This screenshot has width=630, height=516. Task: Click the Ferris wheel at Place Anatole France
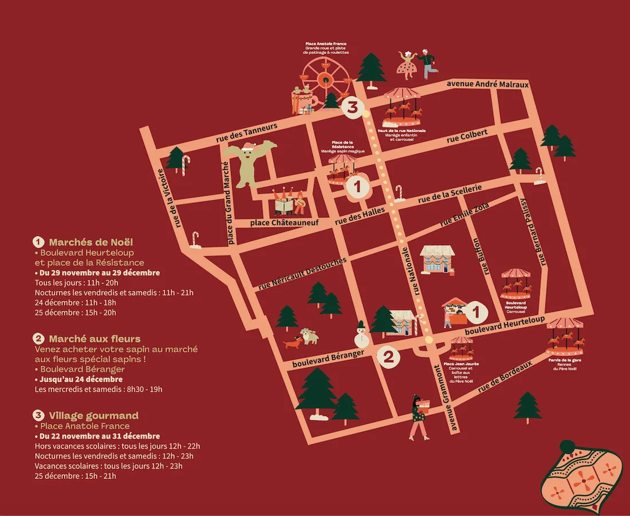click(x=325, y=80)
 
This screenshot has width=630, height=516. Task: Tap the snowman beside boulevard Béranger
click(x=361, y=334)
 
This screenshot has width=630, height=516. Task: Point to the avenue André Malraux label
click(x=487, y=84)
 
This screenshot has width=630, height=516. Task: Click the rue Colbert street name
click(x=467, y=136)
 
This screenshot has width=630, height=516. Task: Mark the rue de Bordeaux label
click(x=505, y=376)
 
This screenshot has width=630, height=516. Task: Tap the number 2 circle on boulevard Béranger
click(x=388, y=358)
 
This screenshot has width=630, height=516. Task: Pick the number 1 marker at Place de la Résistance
click(x=358, y=186)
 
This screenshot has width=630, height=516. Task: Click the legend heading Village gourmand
click(x=93, y=415)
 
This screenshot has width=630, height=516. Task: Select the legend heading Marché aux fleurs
click(x=94, y=339)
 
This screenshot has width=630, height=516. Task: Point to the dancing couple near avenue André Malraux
click(x=416, y=64)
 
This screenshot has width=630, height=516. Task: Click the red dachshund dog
click(x=292, y=343)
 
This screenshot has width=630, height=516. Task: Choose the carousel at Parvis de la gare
click(x=565, y=334)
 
